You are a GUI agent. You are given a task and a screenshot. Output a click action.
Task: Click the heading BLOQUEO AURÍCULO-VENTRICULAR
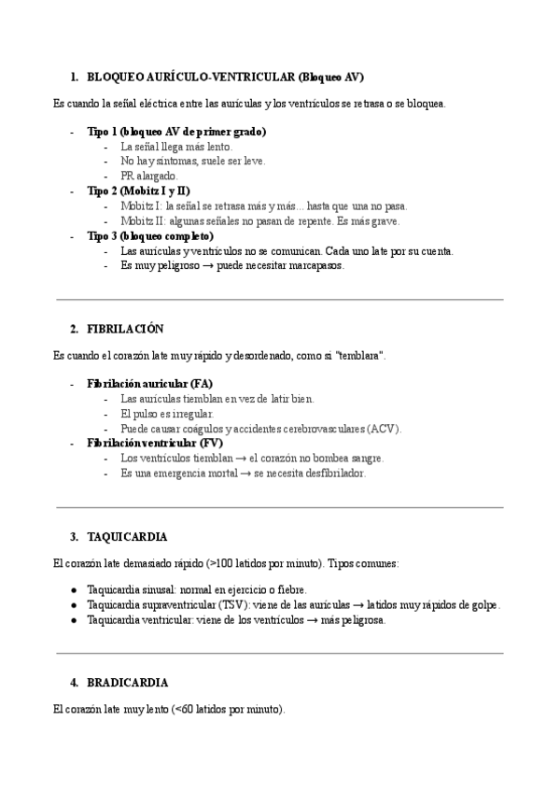point(225,77)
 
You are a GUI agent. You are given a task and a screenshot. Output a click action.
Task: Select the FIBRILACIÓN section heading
point(125,329)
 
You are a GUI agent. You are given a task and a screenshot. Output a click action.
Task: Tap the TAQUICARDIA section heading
point(127,537)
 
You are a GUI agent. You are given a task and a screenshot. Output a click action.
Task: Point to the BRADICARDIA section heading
point(128,683)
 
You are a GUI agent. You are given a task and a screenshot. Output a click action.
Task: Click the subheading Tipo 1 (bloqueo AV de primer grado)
point(176,132)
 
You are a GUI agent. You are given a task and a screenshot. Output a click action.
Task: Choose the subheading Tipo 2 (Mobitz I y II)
point(138,191)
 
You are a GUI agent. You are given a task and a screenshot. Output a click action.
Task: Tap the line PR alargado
point(148,176)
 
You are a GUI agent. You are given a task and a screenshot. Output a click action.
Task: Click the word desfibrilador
point(338,473)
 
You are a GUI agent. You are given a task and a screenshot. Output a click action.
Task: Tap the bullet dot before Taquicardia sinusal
point(74,590)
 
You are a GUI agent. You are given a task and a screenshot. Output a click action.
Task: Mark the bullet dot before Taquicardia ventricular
point(74,620)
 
